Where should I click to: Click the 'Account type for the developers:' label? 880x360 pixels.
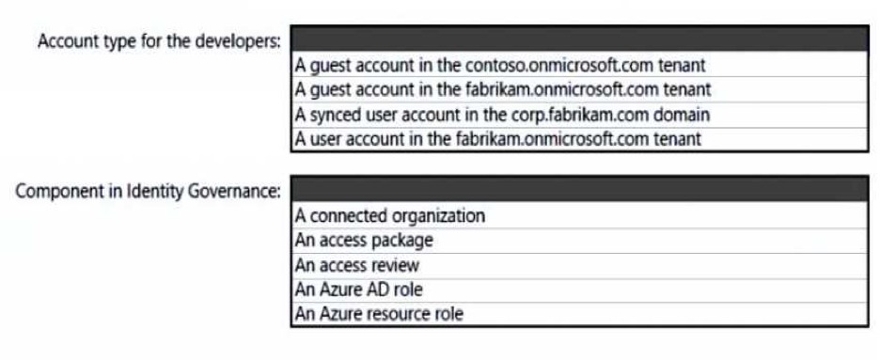[x=159, y=41]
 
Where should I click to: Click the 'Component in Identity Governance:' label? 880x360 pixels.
[x=149, y=191]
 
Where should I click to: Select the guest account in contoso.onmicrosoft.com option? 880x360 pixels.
[x=500, y=65]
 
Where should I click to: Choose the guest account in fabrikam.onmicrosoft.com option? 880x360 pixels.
[x=503, y=89]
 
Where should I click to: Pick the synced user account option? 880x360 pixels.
[x=502, y=115]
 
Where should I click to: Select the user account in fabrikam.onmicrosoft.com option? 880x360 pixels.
[x=497, y=138]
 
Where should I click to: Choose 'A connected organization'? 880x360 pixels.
[x=389, y=215]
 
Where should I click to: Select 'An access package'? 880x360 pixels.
[x=364, y=241]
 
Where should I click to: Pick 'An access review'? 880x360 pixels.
[x=357, y=265]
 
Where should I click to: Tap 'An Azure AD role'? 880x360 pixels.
[x=358, y=290]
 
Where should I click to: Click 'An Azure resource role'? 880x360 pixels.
[x=380, y=313]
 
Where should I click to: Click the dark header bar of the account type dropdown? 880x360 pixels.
[x=579, y=39]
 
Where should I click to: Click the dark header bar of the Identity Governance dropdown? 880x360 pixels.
[x=579, y=189]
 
